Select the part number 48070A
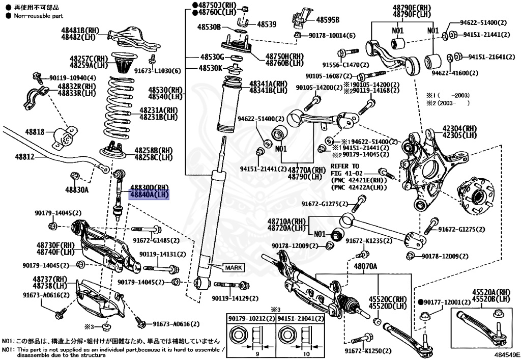[366, 266]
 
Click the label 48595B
[328, 20]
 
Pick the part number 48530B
[210, 27]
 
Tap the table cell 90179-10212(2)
[251, 319]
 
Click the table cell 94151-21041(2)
[300, 319]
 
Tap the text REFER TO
[344, 166]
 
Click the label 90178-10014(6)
[332, 35]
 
